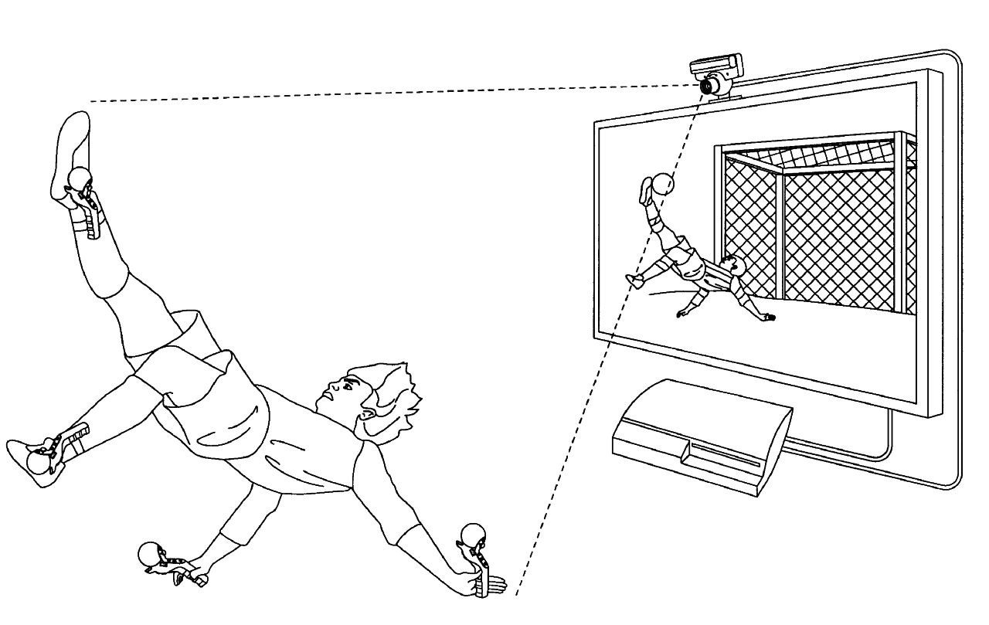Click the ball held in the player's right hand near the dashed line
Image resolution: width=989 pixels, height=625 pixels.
pos(472,535)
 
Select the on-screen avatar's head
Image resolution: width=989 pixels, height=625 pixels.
pos(732,267)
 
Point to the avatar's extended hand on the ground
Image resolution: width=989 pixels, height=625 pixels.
pos(767,316)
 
